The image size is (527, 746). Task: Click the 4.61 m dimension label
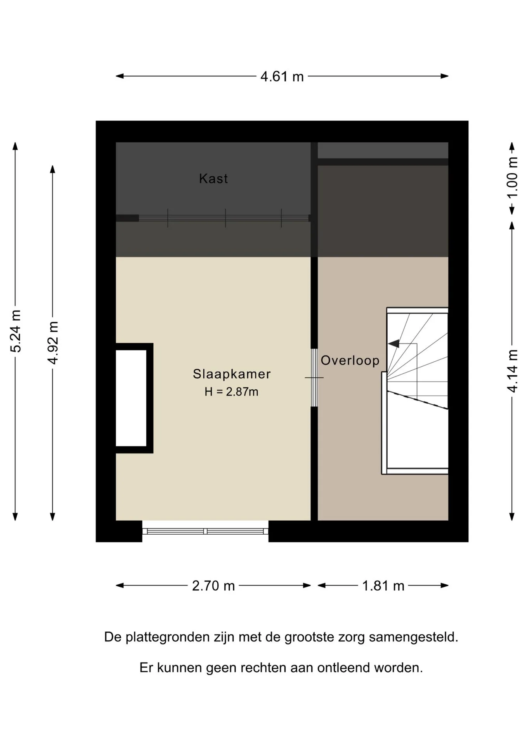(282, 77)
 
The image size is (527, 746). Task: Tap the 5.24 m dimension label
(16, 331)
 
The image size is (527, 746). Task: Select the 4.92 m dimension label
(53, 343)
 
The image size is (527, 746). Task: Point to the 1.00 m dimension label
(513, 177)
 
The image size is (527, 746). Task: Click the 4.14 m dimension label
(513, 371)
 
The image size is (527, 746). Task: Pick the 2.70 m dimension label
(213, 586)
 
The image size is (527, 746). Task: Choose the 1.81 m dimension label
(383, 586)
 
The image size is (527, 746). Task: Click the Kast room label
(213, 178)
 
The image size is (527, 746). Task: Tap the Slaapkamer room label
(232, 374)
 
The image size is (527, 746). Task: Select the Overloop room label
(350, 361)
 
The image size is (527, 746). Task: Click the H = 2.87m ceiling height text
(231, 392)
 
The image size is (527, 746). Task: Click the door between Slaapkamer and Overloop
(314, 378)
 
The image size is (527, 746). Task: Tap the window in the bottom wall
(205, 531)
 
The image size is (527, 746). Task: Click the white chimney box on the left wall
(131, 398)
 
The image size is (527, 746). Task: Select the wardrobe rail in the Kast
(224, 218)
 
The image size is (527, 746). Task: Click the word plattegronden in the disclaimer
(168, 638)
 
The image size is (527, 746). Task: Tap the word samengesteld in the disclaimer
(413, 638)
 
